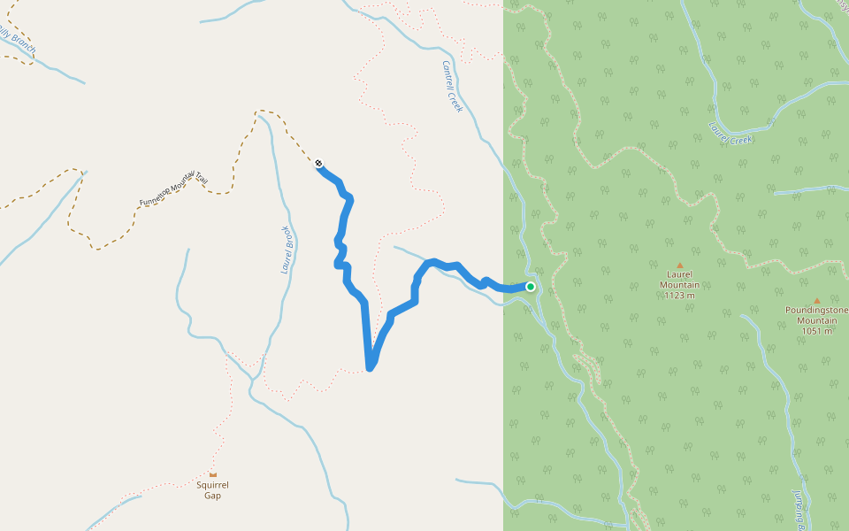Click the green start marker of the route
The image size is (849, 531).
531,287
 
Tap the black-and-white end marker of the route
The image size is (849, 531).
318,163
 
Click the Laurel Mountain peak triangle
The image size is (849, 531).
680,265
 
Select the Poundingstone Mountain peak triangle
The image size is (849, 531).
816,301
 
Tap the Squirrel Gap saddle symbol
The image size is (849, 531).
212,474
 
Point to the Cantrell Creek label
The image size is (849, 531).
452,86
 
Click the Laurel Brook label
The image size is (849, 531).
287,249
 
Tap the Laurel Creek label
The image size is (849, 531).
730,134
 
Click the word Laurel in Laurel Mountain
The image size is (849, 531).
680,274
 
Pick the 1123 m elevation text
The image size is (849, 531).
680,296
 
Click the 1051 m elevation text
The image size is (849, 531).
816,331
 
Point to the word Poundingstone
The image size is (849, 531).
816,310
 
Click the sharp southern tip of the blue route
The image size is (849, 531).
370,367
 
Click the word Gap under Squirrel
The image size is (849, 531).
212,496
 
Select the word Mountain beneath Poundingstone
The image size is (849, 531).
816,320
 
